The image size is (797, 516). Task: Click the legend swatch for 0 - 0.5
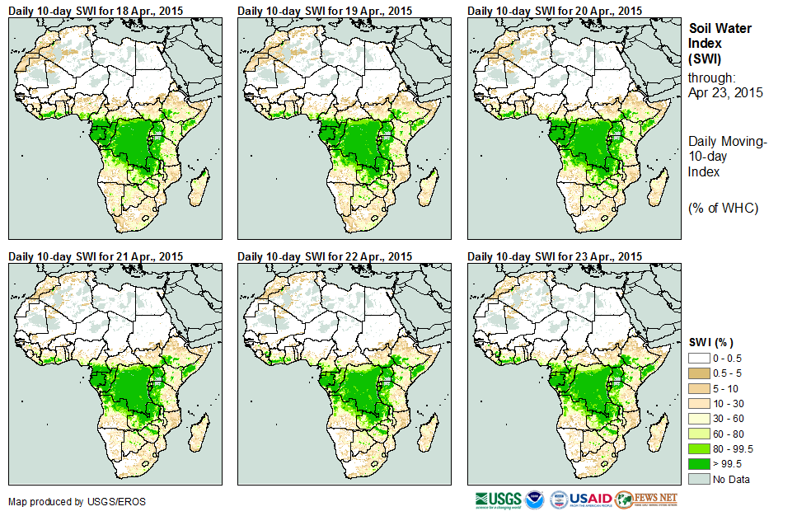(699, 358)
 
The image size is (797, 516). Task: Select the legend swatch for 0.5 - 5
(699, 373)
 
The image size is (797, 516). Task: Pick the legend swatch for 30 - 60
(699, 419)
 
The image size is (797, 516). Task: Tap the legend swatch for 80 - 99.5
(699, 449)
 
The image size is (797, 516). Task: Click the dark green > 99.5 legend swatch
(699, 464)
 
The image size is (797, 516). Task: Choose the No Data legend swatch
(699, 479)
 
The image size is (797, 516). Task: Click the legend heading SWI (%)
(710, 342)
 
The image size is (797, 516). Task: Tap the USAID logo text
(591, 500)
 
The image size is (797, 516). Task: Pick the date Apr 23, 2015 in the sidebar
(725, 92)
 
